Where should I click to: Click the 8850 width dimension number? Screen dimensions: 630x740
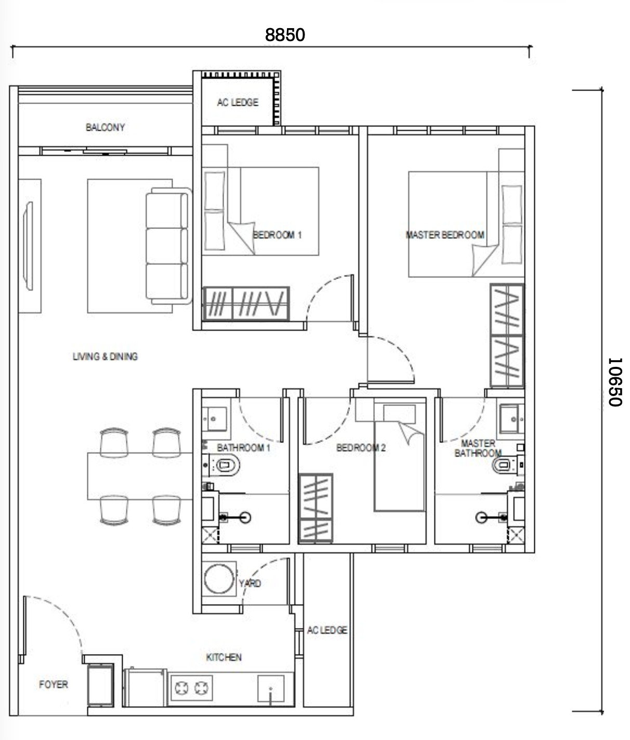tap(285, 35)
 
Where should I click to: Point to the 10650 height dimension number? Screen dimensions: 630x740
tap(615, 382)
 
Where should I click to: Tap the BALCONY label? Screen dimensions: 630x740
tap(105, 127)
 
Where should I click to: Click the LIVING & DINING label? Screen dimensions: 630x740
tap(105, 356)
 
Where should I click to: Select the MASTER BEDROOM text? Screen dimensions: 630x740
tap(445, 235)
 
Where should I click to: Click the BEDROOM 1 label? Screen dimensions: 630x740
tap(277, 235)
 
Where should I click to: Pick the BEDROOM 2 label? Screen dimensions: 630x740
tap(361, 448)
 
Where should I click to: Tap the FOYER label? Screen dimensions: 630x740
tap(53, 684)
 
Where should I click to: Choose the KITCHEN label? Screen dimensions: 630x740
tap(224, 657)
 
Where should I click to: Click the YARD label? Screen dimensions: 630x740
tap(250, 583)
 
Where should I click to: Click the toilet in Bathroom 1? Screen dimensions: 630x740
tap(224, 465)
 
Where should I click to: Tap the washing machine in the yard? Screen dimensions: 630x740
tap(219, 579)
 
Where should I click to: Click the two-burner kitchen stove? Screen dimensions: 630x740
tap(191, 688)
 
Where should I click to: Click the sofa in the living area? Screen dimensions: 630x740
tap(168, 246)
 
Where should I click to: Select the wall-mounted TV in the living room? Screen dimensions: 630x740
tap(28, 246)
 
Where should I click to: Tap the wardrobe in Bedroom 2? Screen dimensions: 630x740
tap(316, 508)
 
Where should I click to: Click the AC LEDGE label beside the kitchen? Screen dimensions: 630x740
tap(327, 630)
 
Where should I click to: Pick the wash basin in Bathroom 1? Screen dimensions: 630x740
tap(214, 419)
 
